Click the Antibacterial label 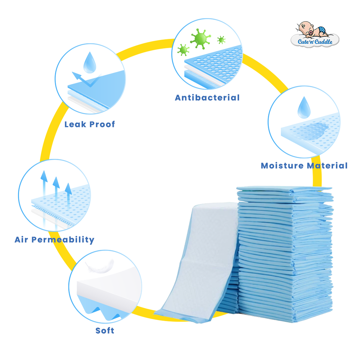[207, 98]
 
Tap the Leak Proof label [90, 125]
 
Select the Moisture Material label [304, 166]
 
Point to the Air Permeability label [54, 240]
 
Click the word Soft [105, 330]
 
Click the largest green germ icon [201, 39]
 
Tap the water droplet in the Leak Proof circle [90, 62]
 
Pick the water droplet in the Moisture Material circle [304, 107]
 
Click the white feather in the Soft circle [100, 266]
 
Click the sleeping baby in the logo [311, 30]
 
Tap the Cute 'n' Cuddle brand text [315, 41]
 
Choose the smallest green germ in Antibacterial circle [221, 40]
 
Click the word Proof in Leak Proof [102, 125]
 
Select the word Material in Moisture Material [327, 166]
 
